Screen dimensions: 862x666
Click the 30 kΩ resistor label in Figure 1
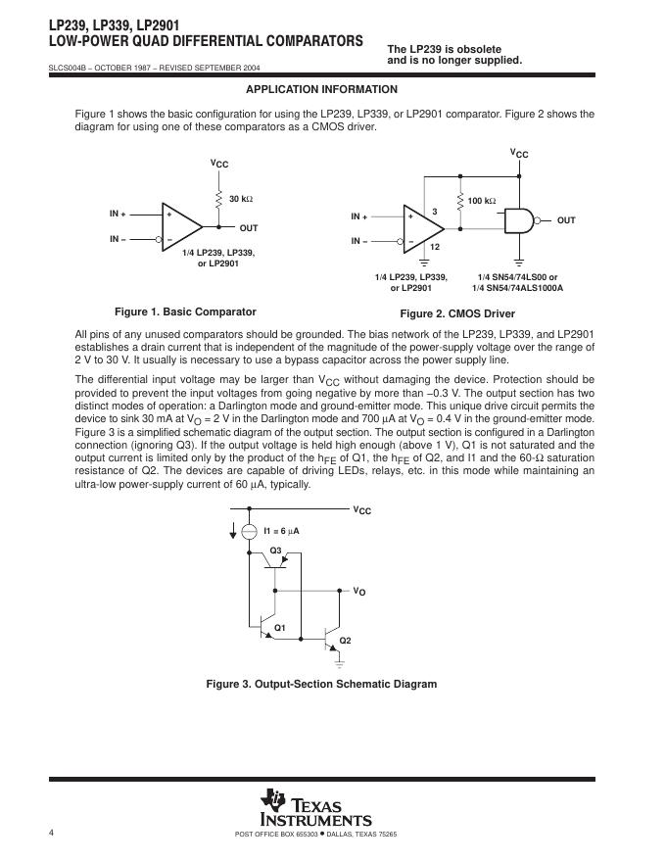240,199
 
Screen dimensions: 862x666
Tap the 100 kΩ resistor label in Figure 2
481,201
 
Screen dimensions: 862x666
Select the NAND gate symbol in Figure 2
519,221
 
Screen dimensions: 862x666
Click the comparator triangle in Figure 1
181,225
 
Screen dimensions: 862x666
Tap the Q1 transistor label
279,627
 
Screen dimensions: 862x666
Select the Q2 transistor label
345,640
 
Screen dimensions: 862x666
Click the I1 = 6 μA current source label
281,530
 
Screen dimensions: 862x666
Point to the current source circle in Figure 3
249,530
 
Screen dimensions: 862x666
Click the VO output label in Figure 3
359,592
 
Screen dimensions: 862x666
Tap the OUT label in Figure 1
249,228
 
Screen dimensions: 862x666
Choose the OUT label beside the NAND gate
566,221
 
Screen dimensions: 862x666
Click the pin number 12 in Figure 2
434,247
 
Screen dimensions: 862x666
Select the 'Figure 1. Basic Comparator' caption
185,311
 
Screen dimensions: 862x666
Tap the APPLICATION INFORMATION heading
308,89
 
